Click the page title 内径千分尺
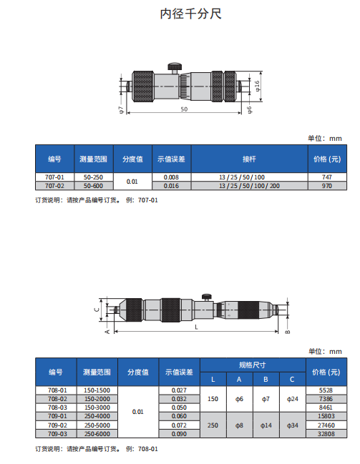click(x=190, y=14)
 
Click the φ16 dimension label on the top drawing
click(x=257, y=86)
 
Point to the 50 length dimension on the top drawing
click(x=184, y=109)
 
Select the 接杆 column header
click(x=249, y=159)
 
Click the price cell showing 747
click(x=327, y=177)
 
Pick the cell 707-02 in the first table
click(x=54, y=186)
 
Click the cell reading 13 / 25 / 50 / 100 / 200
click(x=249, y=186)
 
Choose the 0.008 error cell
click(x=171, y=177)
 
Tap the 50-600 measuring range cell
click(x=93, y=186)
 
